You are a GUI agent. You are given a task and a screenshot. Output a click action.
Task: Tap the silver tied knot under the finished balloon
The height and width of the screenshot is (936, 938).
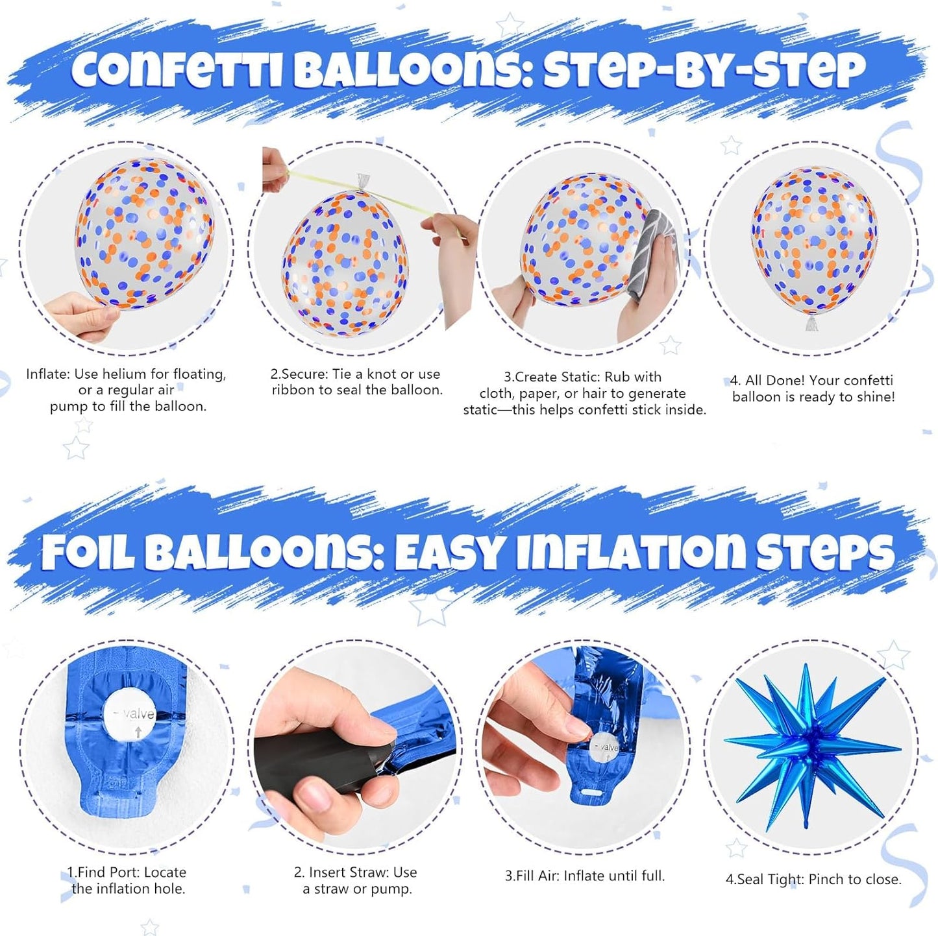pyautogui.click(x=811, y=322)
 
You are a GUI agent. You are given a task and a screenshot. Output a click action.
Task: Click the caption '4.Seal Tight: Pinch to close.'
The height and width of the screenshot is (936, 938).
pyautogui.click(x=813, y=880)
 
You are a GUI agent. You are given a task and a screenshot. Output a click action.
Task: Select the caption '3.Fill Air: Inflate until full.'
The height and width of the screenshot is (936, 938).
pyautogui.click(x=585, y=876)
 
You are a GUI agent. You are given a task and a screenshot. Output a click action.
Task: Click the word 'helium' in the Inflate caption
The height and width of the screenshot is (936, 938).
pyautogui.click(x=123, y=374)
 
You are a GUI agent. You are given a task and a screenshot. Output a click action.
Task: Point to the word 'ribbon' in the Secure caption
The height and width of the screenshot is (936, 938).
pyautogui.click(x=295, y=390)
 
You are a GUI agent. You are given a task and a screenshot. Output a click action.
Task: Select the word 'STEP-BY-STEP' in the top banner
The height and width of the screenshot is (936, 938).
pyautogui.click(x=704, y=68)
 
